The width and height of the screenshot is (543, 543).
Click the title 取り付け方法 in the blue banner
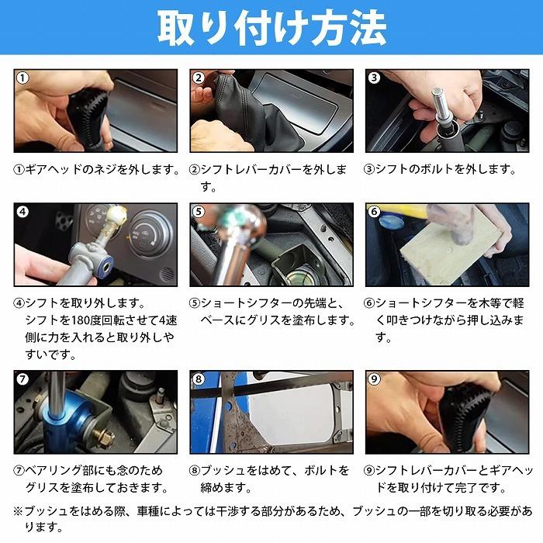click(x=272, y=28)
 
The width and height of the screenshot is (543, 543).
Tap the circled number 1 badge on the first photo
click(x=22, y=78)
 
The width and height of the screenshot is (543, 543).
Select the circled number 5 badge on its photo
click(x=199, y=212)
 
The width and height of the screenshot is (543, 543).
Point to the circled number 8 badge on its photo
click(x=199, y=379)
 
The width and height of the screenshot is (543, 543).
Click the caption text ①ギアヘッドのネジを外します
click(x=97, y=169)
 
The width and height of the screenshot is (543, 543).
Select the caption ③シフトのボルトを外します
click(x=440, y=169)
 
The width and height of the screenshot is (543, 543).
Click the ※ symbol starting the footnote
click(x=19, y=511)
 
